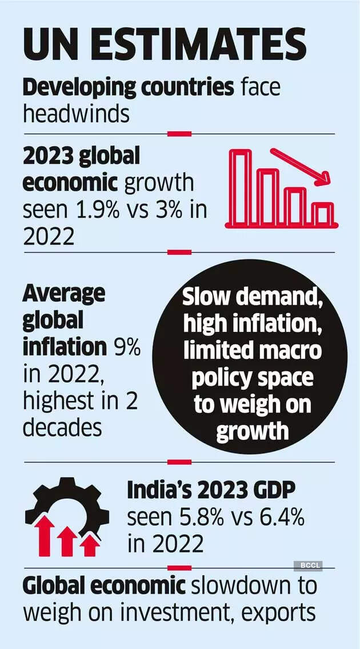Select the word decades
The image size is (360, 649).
point(62,427)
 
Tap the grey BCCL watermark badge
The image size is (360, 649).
point(308,566)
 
